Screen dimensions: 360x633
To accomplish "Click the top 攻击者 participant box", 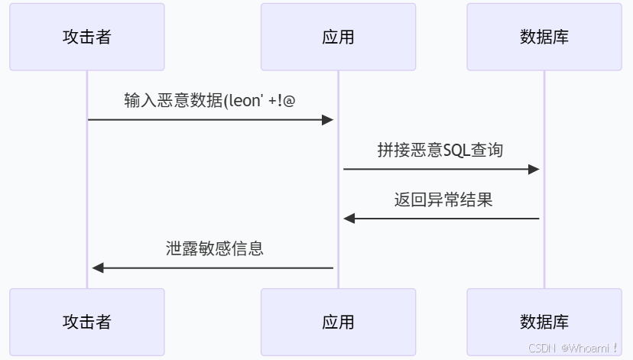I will (87, 37).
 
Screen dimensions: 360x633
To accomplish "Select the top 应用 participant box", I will (338, 37).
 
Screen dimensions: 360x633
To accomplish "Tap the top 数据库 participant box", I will (544, 37).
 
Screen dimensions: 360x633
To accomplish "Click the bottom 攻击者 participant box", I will (87, 322).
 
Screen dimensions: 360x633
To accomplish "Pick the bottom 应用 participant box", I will (338, 322).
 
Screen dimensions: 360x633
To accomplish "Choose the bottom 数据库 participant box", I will (544, 322).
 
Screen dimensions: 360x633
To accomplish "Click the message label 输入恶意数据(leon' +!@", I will (209, 100).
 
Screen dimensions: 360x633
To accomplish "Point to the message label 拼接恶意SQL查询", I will (440, 150).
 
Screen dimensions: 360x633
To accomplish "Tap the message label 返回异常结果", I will (443, 199).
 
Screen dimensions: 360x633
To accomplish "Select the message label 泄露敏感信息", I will (215, 248).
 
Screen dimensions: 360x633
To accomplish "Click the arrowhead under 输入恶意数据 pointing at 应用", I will (328, 119).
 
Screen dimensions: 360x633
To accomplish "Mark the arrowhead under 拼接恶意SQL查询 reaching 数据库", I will (534, 169).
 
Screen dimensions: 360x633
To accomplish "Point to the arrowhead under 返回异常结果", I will (349, 219).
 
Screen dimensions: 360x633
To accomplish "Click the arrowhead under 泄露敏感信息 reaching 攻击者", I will (97, 268).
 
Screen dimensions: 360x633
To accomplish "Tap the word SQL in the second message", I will (457, 150).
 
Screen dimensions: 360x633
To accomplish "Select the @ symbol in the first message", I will (288, 100).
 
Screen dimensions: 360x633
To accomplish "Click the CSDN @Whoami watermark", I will (573, 348).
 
